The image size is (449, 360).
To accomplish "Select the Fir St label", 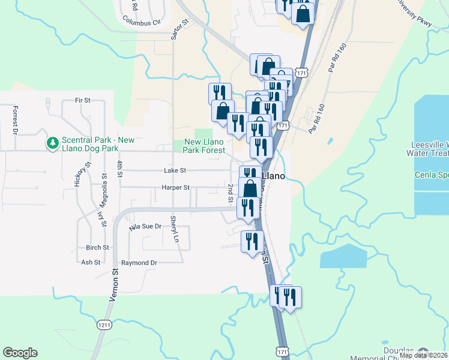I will coord(82,100).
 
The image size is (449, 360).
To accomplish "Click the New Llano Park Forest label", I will coord(205,146).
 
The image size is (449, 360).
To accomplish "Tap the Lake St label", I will coord(175,171).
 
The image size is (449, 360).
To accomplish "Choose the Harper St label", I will coord(175,188).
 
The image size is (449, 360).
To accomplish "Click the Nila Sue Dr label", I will coord(146,227).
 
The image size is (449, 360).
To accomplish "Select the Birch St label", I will coord(97,247).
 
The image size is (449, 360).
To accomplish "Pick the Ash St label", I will coord(90,262).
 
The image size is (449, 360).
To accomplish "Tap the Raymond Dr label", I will coord(139,263).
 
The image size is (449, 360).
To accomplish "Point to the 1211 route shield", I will coord(103,325).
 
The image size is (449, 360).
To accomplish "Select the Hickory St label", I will coord(77,175).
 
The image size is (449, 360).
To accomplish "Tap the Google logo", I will coord(20,353).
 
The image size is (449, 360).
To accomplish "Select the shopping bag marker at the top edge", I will coord(303,13).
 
